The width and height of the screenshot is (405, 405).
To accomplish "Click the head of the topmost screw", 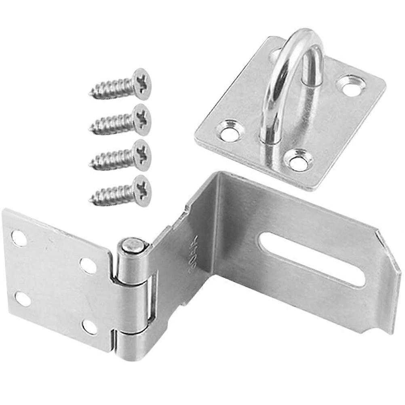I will click(141, 84).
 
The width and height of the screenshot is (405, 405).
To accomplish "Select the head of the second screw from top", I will click(141, 119).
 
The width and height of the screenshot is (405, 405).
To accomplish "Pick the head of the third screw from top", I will click(141, 155).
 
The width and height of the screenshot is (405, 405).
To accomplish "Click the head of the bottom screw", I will click(141, 190).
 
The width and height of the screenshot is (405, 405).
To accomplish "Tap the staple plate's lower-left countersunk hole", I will click(230, 133).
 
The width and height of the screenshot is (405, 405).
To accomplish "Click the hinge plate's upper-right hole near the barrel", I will click(88, 266).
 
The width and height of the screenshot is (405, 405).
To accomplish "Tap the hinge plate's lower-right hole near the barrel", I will click(90, 327).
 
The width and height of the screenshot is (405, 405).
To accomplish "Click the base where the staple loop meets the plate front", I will click(270, 137).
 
